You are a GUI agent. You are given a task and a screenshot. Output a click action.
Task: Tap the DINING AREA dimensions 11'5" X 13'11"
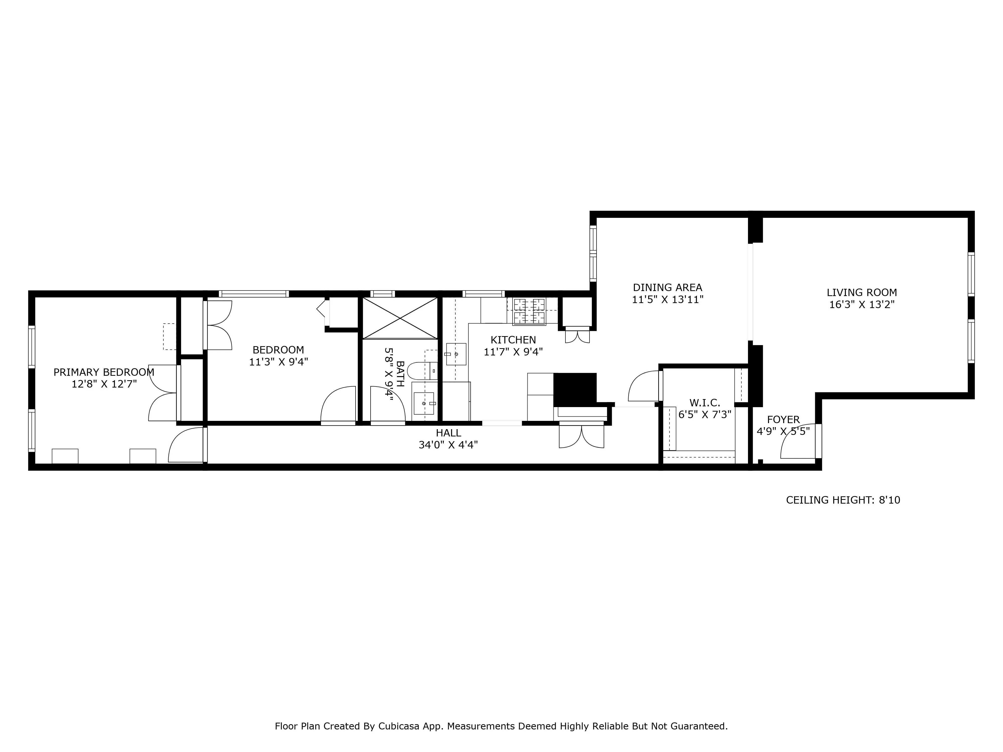tap(667, 300)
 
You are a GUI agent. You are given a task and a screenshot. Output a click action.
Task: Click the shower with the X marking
tap(400, 318)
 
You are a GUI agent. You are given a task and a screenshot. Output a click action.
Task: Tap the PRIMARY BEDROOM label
tap(104, 372)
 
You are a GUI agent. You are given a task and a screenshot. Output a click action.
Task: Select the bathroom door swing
tap(387, 404)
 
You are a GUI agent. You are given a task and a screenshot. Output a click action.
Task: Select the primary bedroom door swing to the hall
tap(186, 446)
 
